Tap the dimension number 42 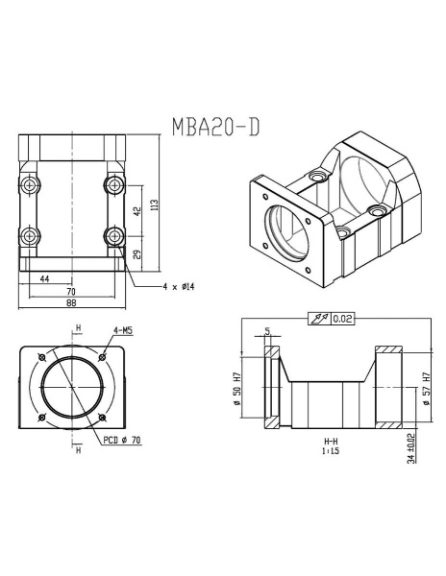(x=136, y=208)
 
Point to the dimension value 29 (x=136, y=254)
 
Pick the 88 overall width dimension (x=71, y=303)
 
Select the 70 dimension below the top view (x=71, y=291)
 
